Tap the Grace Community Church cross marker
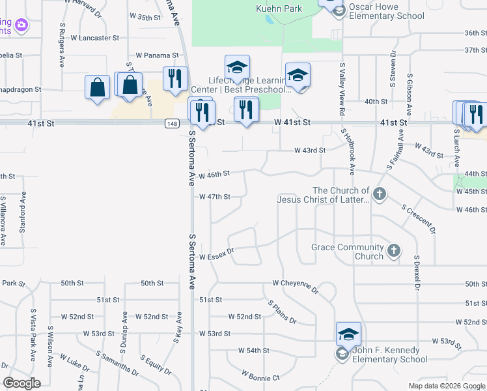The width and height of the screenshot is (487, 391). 393,250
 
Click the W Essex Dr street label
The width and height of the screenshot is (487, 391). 216,257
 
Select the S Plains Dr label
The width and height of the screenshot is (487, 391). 282,312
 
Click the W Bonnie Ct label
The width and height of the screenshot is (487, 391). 260,376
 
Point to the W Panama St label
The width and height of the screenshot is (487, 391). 157,55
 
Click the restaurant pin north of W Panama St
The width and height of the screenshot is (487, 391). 175,79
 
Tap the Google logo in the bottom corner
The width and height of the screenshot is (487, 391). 22,383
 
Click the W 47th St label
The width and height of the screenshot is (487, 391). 215,196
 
